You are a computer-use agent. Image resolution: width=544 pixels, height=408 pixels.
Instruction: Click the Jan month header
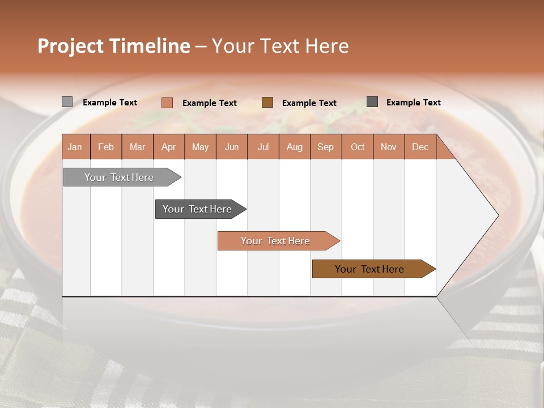75,147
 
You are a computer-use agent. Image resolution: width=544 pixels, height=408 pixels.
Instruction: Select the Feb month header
106,147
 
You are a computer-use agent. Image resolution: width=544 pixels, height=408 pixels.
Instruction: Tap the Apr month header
169,147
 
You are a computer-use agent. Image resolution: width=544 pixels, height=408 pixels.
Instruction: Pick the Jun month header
232,147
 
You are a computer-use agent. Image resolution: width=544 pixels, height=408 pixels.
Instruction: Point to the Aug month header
295,147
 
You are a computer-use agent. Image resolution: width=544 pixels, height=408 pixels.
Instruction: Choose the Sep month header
326,147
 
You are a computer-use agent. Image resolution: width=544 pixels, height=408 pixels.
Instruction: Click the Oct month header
358,147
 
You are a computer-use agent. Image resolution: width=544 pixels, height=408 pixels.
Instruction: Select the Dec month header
420,147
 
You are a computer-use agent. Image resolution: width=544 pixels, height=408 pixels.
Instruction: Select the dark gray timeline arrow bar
198,209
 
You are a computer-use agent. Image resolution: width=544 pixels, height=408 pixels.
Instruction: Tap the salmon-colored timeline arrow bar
277,241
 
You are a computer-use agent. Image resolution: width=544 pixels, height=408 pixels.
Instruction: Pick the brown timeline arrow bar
371,269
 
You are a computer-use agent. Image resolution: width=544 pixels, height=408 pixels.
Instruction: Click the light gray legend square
67,102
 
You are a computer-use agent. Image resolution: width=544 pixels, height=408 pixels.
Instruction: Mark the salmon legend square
167,103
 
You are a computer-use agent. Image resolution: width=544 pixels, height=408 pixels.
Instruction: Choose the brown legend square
267,103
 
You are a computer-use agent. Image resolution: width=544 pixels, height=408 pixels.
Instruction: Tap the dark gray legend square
372,102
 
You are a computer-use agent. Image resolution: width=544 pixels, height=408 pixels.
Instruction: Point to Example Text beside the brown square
309,103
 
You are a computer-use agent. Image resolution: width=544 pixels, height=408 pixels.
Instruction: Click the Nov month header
389,147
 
